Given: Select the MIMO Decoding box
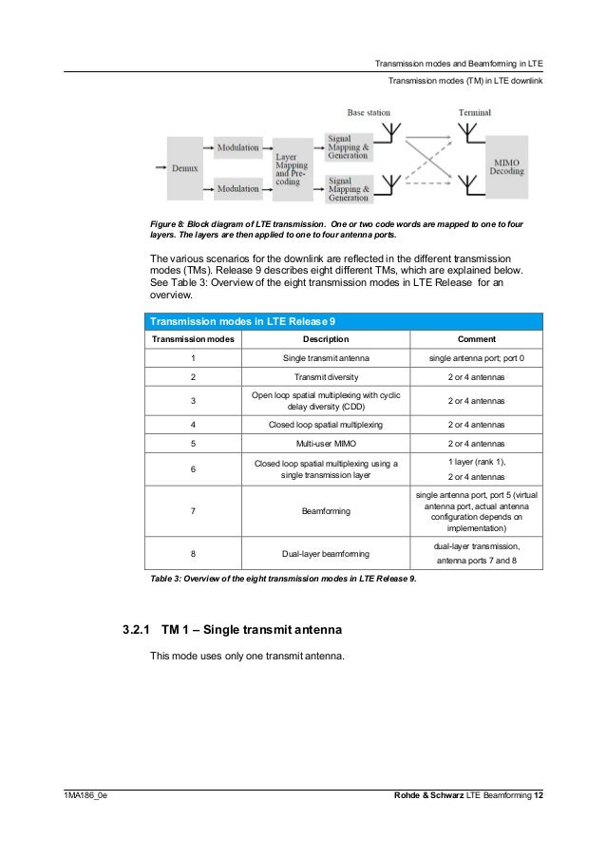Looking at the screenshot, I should click(505, 167).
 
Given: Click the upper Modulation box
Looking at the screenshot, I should click(237, 148).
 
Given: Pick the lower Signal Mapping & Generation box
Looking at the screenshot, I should click(349, 188).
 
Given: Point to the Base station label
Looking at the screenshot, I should click(369, 112).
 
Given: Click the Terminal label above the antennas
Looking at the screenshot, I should click(475, 112).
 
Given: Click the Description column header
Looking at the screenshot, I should click(325, 339).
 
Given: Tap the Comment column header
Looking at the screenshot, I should click(476, 339).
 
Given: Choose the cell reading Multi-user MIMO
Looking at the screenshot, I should click(325, 443).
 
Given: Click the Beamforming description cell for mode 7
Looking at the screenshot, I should click(325, 511).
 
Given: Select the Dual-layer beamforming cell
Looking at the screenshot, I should click(325, 553).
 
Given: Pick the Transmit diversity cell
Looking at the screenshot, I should click(325, 376).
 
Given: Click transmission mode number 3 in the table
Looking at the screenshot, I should click(193, 401).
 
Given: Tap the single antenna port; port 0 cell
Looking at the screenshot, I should click(476, 358).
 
